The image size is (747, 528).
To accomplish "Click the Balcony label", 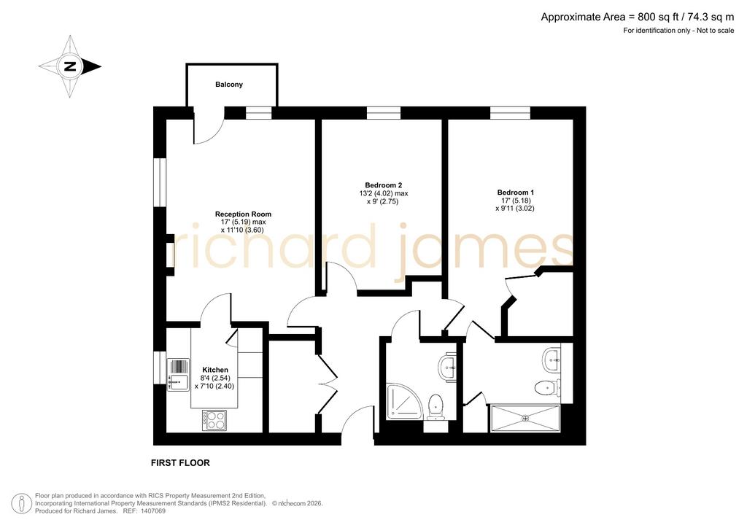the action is click(229, 85).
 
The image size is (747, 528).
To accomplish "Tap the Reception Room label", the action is click(243, 214).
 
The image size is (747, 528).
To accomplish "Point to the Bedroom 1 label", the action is click(516, 193).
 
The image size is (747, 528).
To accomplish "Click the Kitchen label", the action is click(215, 370).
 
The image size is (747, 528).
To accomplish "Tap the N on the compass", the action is click(71, 66).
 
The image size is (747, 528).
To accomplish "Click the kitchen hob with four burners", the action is click(214, 420).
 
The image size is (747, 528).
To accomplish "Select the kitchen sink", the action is click(178, 375).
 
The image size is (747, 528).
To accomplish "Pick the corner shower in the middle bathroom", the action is click(404, 401).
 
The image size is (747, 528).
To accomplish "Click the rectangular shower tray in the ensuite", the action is click(525, 419).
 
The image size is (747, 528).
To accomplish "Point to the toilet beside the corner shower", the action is click(436, 407).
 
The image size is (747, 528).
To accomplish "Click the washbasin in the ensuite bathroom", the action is click(551, 360).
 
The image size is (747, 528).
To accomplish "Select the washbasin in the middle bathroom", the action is click(447, 367).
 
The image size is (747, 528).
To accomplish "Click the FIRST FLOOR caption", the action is click(180, 463).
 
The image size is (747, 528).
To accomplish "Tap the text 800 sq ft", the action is click(651, 18).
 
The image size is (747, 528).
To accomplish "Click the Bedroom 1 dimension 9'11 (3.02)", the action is click(514, 208).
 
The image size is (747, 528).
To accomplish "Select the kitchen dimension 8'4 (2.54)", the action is click(215, 378).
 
